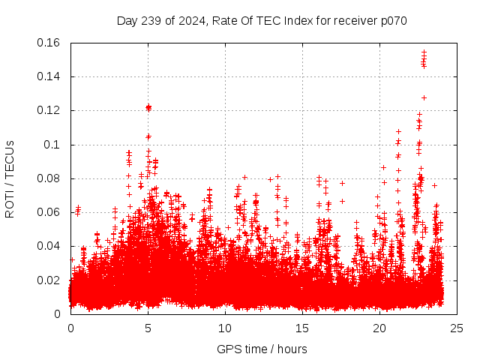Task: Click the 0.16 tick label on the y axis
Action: click(x=49, y=42)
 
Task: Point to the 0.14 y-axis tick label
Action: click(x=49, y=76)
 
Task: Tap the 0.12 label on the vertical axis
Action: click(x=49, y=110)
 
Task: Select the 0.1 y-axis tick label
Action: click(x=54, y=144)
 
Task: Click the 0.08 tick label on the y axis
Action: click(x=49, y=178)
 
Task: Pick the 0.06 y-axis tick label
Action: click(x=49, y=212)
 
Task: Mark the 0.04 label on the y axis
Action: click(x=49, y=246)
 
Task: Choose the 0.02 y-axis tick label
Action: click(x=49, y=280)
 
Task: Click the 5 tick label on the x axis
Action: click(x=148, y=328)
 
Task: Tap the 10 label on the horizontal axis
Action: click(x=225, y=328)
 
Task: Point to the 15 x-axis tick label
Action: click(x=302, y=328)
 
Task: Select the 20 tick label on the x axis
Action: click(x=379, y=328)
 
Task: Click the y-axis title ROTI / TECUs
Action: click(x=10, y=178)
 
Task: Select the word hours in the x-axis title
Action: click(x=292, y=349)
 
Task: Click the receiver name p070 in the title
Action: click(x=393, y=21)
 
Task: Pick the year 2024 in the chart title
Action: click(x=190, y=21)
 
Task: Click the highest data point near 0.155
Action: click(x=424, y=52)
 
